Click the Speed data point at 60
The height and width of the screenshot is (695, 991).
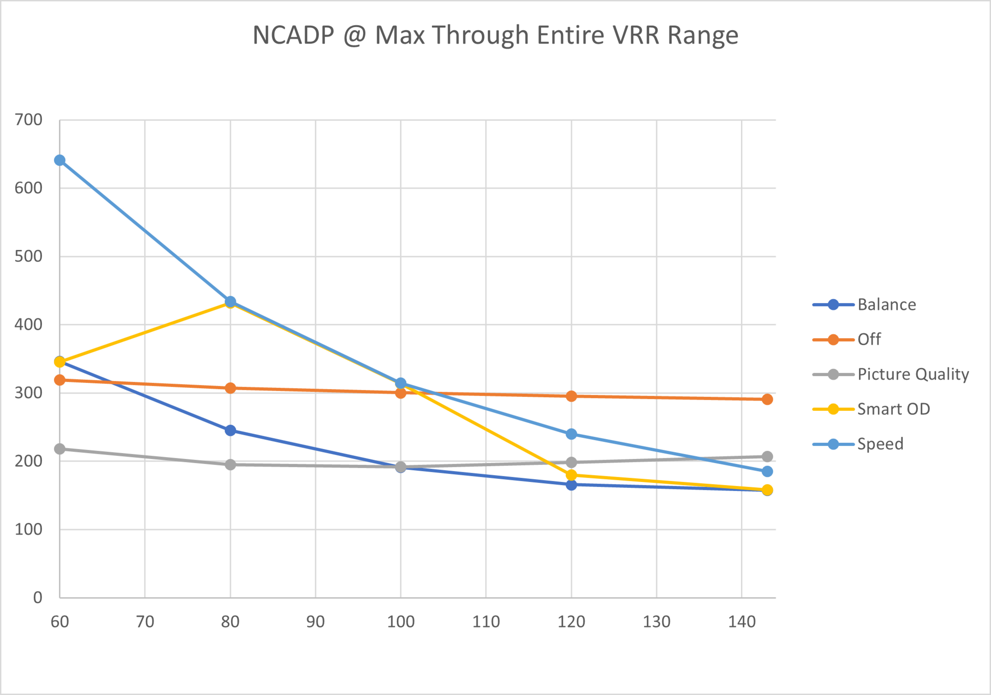pos(60,161)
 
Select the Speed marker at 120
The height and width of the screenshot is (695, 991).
pos(571,434)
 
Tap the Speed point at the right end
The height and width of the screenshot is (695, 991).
pos(767,472)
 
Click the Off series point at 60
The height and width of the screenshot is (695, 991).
pos(60,380)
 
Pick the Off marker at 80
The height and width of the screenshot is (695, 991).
pos(230,388)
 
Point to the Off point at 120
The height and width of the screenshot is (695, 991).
pos(571,396)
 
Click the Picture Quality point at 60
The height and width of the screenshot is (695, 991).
pos(60,449)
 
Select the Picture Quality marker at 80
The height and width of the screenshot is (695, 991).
pos(230,465)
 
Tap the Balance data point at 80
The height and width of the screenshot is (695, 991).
pos(230,430)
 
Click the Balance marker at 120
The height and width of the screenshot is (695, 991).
pos(571,485)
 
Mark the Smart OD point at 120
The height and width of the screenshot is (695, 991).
pos(571,475)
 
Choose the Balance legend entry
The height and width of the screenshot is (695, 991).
pos(886,305)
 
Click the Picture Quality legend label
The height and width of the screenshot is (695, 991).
pos(913,374)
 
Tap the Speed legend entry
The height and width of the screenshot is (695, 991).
pos(880,444)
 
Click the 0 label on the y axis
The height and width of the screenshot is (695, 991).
pos(38,598)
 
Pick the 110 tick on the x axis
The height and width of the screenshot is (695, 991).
pos(486,622)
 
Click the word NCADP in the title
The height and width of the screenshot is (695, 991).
pos(293,35)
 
